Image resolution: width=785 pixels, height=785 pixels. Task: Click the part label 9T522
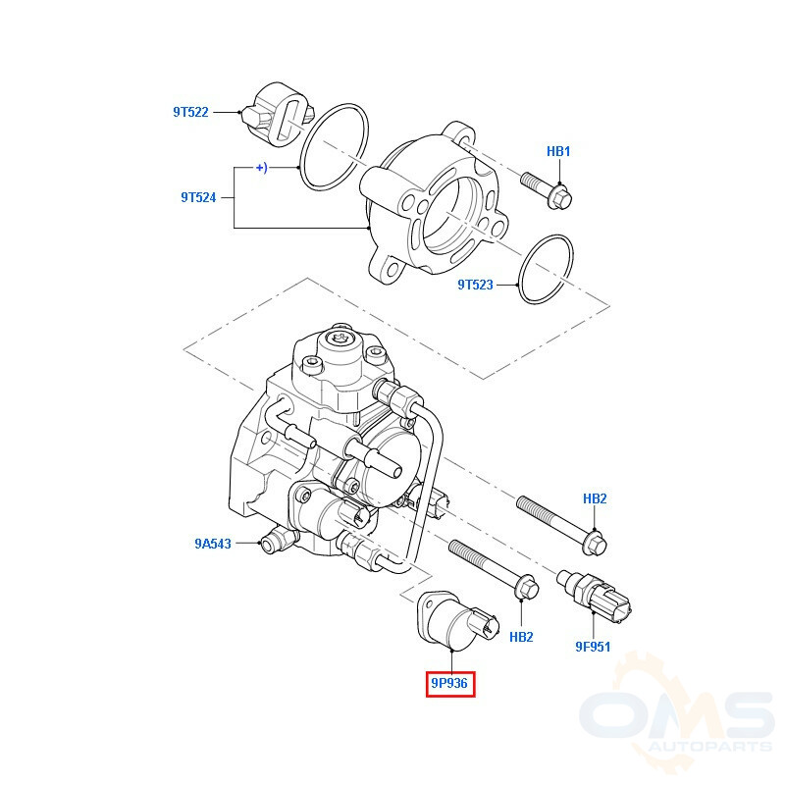[190, 112]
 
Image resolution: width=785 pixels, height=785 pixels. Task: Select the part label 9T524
[198, 198]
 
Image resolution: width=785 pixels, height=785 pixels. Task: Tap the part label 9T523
[475, 285]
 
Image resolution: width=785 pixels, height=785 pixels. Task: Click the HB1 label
[558, 151]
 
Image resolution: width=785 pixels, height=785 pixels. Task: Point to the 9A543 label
[213, 544]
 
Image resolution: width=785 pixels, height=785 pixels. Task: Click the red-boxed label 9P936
[449, 683]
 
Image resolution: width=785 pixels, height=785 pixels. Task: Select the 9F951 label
[593, 647]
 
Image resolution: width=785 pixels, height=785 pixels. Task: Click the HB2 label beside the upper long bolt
[595, 498]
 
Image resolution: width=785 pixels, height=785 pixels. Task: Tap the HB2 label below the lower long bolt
[521, 637]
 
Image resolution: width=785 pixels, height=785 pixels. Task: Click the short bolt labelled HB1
[547, 190]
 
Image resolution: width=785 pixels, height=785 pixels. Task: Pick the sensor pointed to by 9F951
[595, 596]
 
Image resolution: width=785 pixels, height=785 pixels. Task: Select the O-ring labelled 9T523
[546, 269]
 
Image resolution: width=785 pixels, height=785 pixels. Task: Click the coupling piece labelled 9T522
[278, 115]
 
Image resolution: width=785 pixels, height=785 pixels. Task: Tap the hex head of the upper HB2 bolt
[596, 544]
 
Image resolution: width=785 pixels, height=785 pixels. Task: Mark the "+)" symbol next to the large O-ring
[261, 167]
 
